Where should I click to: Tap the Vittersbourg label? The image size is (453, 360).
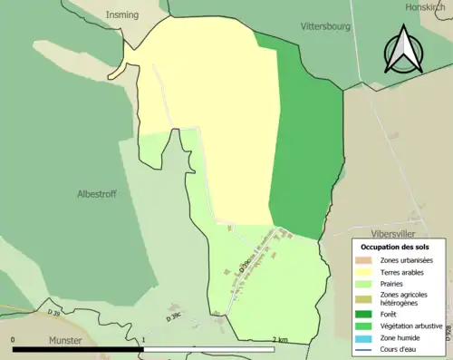tap(325, 27)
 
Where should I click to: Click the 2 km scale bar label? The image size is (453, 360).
tap(280, 340)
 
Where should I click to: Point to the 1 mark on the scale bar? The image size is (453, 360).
tap(143, 340)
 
